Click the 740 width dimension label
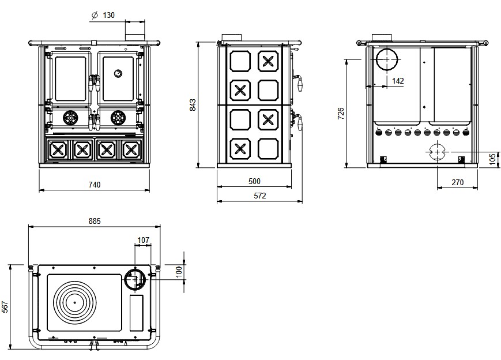(95, 185)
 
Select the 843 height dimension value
(193, 104)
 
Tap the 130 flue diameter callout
(108, 16)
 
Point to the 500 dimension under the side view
(254, 181)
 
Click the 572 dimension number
(260, 196)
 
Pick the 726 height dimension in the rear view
(341, 113)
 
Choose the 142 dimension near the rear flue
(397, 81)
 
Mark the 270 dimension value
(457, 182)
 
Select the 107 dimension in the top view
(144, 239)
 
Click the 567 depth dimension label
(5, 307)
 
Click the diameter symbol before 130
(94, 16)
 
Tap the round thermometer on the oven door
(118, 73)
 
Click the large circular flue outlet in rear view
(387, 61)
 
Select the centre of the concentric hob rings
(74, 302)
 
